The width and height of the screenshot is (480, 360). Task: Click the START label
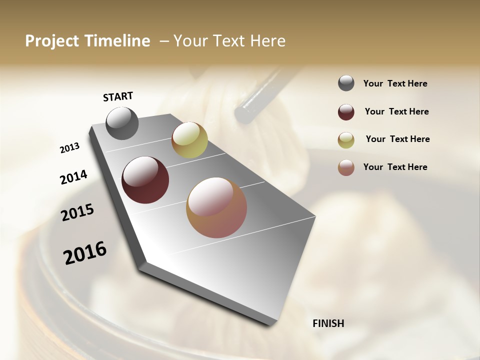pyautogui.click(x=118, y=96)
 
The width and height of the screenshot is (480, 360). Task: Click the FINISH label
pyautogui.click(x=328, y=323)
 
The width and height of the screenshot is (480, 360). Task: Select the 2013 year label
pyautogui.click(x=69, y=148)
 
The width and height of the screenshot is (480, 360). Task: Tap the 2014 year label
pyautogui.click(x=73, y=177)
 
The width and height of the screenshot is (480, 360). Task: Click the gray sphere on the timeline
pyautogui.click(x=122, y=123)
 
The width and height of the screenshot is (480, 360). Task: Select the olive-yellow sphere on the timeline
pyautogui.click(x=189, y=140)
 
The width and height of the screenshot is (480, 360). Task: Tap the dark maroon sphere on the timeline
pyautogui.click(x=145, y=180)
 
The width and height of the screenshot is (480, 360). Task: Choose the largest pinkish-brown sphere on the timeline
pyautogui.click(x=216, y=207)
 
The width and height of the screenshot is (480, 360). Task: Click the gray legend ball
pyautogui.click(x=346, y=83)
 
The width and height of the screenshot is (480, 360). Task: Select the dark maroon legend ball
pyautogui.click(x=346, y=112)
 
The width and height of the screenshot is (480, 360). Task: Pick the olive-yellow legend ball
pyautogui.click(x=346, y=140)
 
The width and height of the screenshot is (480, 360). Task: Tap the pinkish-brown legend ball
pyautogui.click(x=346, y=167)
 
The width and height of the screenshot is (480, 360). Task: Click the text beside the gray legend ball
pyautogui.click(x=395, y=84)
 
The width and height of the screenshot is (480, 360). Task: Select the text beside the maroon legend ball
pyautogui.click(x=396, y=112)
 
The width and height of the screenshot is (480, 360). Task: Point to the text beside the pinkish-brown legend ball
pyautogui.click(x=395, y=167)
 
